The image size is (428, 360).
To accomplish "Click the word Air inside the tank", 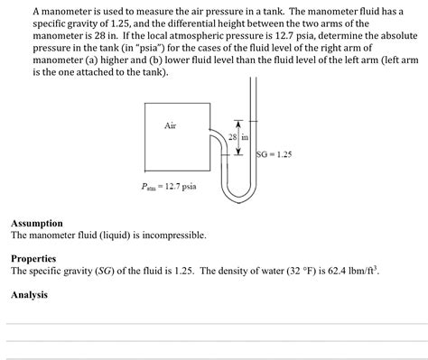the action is [170, 125].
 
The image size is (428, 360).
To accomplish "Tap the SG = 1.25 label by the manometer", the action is [274, 154].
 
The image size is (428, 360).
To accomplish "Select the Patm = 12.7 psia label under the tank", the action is [171, 187].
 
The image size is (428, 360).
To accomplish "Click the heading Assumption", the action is [37, 223].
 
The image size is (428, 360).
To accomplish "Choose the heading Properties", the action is [34, 258].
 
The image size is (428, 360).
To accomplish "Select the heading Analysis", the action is [30, 294].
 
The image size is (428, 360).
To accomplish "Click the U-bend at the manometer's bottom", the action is [237, 192].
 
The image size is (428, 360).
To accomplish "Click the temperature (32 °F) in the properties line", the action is [284, 270].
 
